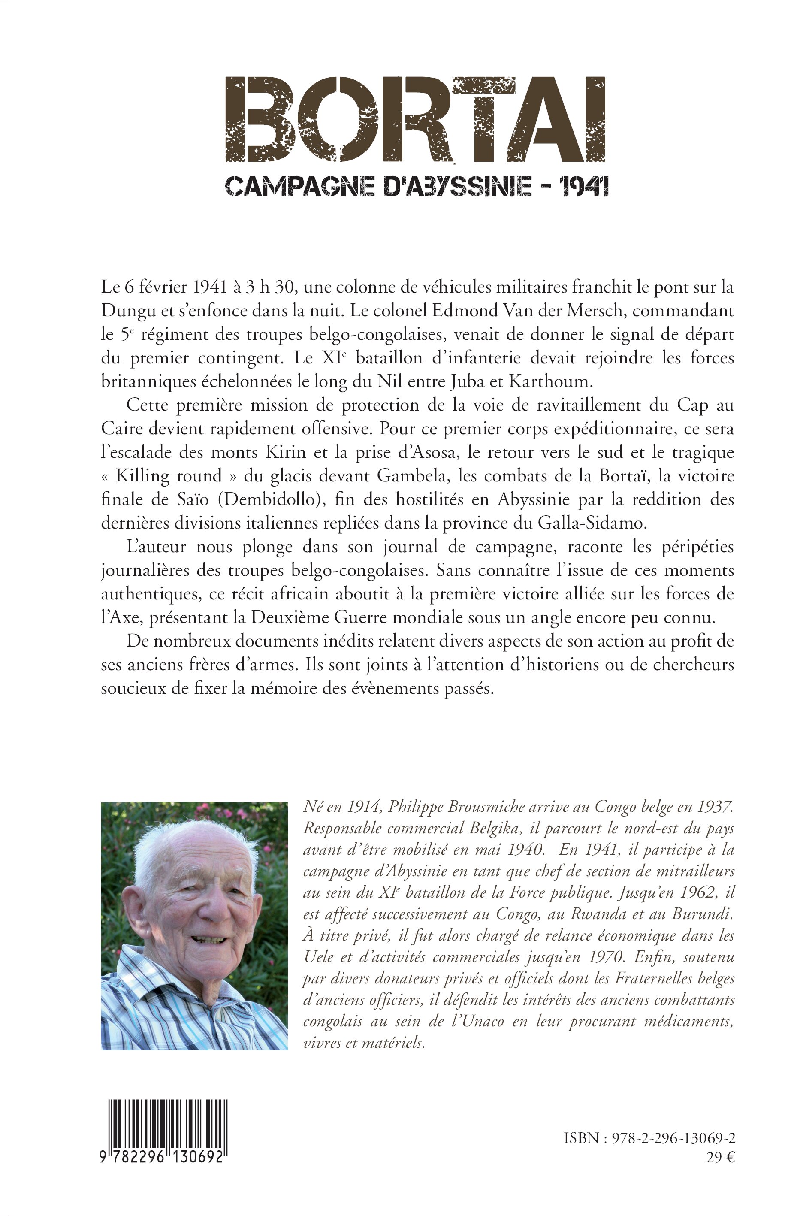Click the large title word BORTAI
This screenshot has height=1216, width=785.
tap(415, 119)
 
